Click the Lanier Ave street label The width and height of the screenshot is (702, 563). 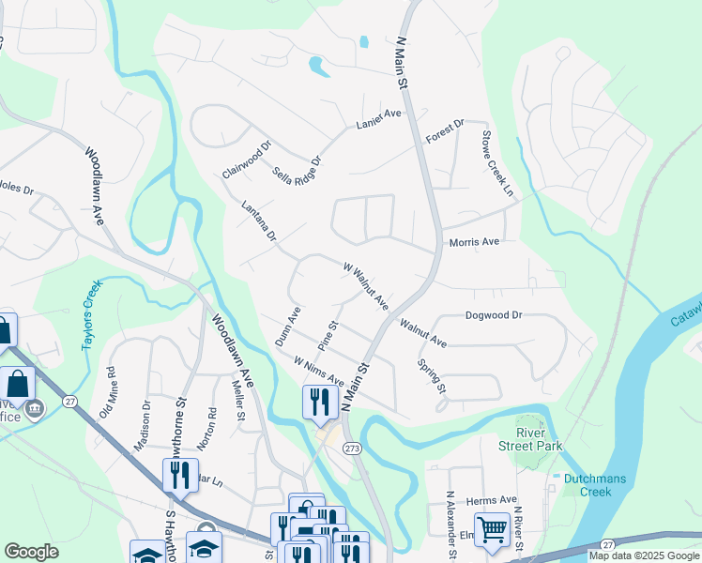coord(378,118)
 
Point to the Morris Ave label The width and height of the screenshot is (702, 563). coord(474,242)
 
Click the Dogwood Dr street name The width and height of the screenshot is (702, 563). coord(493,316)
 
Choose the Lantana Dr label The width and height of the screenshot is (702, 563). coord(258,221)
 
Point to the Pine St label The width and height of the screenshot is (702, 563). coord(328,337)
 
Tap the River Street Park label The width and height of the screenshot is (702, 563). coord(536,439)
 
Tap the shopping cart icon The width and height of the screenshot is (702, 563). coord(492,530)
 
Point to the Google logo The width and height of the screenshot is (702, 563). coord(31,552)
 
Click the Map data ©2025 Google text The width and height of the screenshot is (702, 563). coord(644,555)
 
